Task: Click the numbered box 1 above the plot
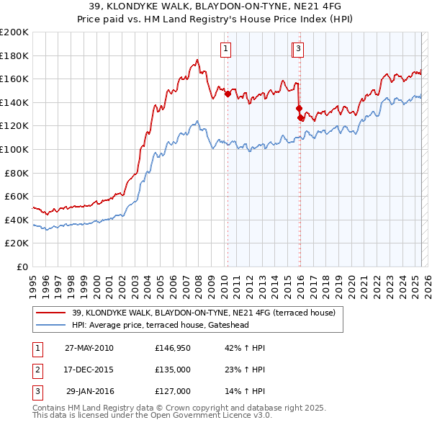[x=226, y=49]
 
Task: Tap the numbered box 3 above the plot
[x=298, y=49]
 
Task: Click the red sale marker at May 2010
[x=228, y=94]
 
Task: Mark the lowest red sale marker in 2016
[x=300, y=117]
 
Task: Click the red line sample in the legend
[x=51, y=313]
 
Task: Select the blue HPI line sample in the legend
[x=51, y=325]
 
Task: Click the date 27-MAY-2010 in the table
[x=89, y=348]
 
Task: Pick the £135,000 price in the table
[x=173, y=370]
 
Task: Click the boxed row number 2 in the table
[x=35, y=370]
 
